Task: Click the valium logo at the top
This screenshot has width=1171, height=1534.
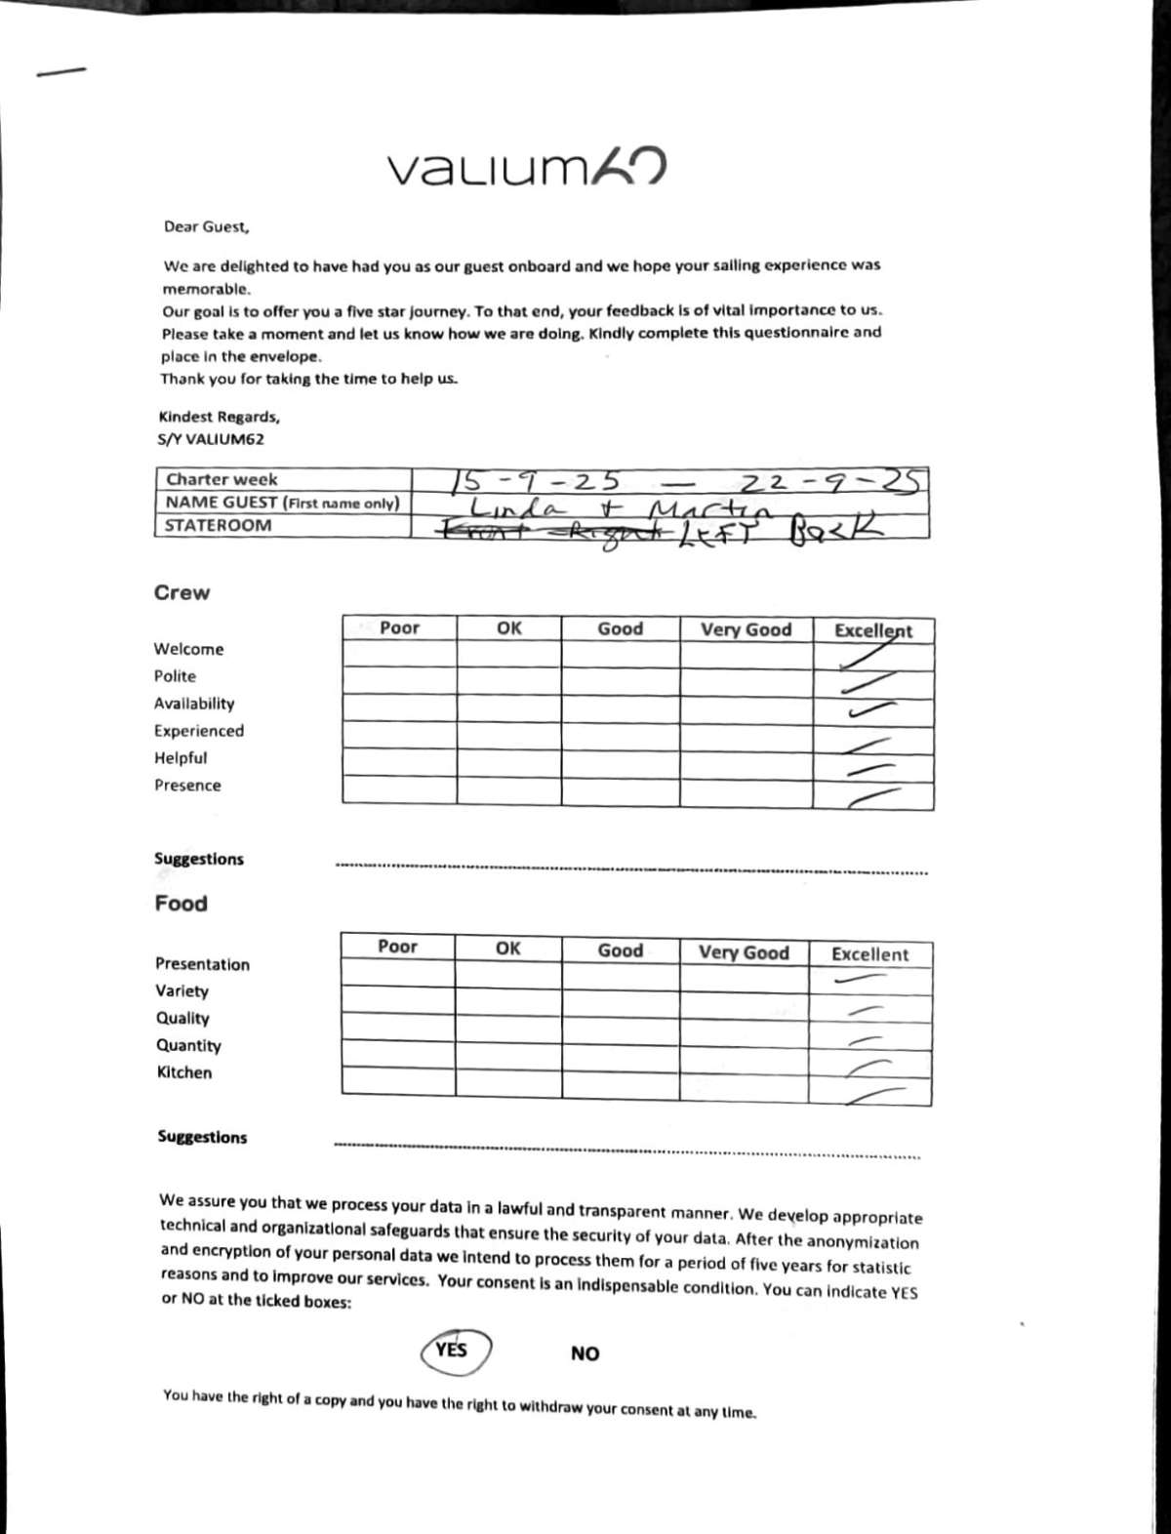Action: (x=527, y=168)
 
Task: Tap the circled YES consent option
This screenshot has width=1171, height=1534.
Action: (x=454, y=1351)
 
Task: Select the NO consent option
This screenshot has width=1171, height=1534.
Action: (x=585, y=1353)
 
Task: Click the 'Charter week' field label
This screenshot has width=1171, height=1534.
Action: (x=222, y=479)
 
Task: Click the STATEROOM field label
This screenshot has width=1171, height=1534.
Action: (x=218, y=525)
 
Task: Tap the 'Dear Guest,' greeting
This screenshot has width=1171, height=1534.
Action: (x=207, y=226)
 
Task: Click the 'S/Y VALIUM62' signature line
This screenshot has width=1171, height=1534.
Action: (x=211, y=439)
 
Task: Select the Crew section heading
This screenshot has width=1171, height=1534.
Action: (x=182, y=592)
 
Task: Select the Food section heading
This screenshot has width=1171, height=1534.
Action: (x=181, y=904)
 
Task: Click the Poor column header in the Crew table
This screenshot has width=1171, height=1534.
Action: (x=399, y=627)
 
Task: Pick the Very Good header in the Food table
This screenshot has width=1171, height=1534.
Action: (x=744, y=952)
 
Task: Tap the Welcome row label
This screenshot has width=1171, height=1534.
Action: (x=188, y=649)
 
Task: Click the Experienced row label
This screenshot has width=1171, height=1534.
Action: (x=198, y=731)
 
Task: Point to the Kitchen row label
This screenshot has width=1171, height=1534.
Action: (x=184, y=1072)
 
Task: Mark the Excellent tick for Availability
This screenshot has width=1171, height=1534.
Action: (x=871, y=709)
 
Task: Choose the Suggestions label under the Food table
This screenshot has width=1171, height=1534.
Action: (x=202, y=1137)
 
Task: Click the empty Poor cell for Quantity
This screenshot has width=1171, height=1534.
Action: (x=397, y=1054)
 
